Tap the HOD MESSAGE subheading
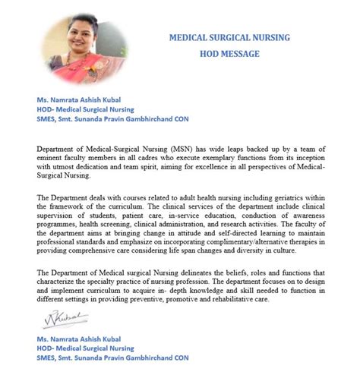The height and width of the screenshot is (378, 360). pyautogui.click(x=229, y=54)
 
